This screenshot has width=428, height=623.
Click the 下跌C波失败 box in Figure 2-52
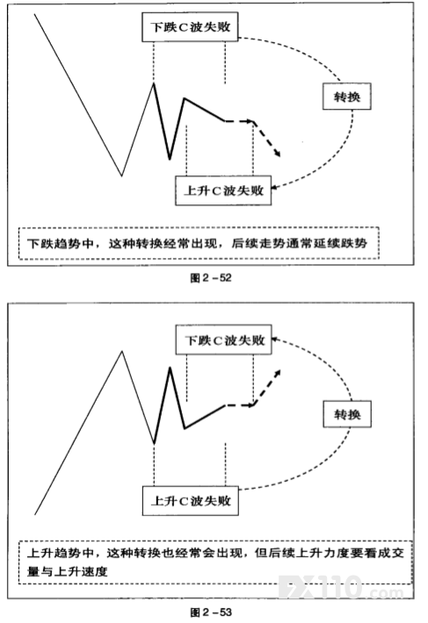(190, 26)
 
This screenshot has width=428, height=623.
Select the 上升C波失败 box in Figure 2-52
(223, 190)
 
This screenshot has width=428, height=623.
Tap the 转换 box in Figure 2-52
(347, 97)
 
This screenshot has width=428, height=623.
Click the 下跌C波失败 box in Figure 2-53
(223, 340)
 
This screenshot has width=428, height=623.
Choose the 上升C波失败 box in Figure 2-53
(191, 501)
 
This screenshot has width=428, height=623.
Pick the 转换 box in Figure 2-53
(347, 414)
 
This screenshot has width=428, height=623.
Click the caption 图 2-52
(211, 278)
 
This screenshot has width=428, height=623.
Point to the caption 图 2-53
(211, 612)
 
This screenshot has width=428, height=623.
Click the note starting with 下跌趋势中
(199, 243)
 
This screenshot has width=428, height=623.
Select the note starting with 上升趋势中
(215, 562)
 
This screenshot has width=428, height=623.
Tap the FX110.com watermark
(341, 587)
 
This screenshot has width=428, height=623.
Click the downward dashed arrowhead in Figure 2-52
(277, 153)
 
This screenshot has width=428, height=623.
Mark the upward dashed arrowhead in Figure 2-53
(277, 373)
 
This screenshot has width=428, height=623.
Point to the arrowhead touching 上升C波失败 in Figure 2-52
(274, 187)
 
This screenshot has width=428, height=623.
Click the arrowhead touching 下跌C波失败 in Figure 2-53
(275, 340)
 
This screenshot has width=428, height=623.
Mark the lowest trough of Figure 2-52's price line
(121, 175)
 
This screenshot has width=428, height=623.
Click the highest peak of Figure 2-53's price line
(121, 351)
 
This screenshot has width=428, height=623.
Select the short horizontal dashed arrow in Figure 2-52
(239, 121)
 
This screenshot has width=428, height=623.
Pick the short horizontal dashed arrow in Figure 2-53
(239, 405)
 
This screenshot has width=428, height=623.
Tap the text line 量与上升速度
(67, 572)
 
